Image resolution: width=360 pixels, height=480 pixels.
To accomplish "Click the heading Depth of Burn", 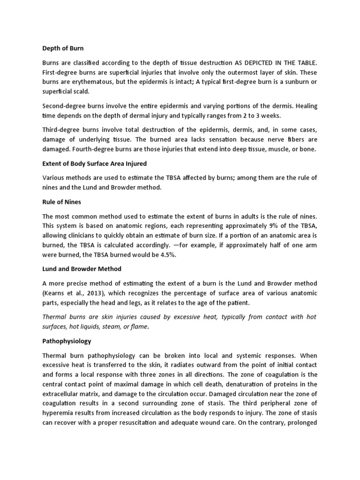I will [63, 48].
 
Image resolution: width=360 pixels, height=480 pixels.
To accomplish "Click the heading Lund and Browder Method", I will [82, 269].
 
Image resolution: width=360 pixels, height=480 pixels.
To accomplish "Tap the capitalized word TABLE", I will [306, 62].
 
